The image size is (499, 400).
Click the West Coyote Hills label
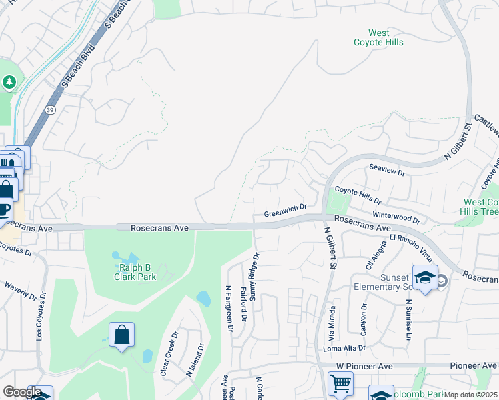(378, 37)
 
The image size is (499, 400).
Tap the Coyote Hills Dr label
(357, 195)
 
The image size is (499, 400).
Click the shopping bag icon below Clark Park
(122, 335)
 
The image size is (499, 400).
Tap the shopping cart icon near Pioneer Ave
(341, 384)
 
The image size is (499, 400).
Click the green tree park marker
(9, 82)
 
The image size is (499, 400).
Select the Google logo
(22, 392)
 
